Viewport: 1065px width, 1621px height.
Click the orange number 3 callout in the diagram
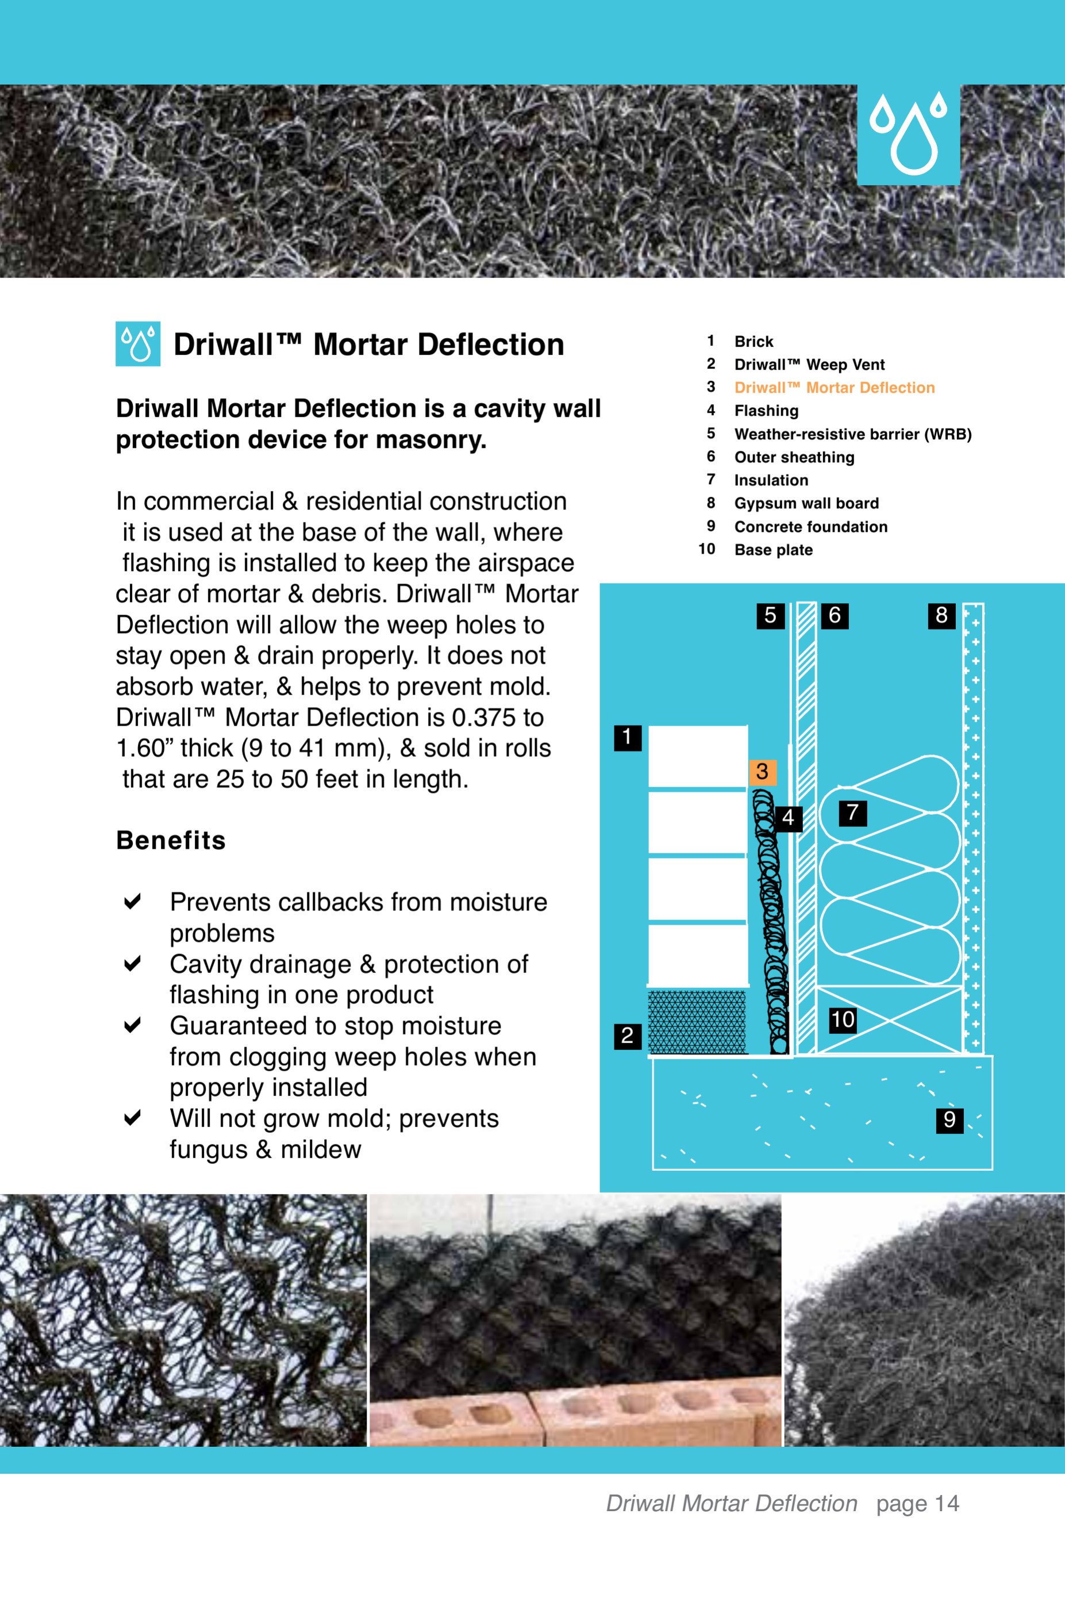coord(762,772)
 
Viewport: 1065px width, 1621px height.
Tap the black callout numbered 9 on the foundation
coord(949,1120)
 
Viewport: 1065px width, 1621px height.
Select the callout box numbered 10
coord(843,1020)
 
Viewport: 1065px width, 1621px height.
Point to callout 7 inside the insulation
coord(852,813)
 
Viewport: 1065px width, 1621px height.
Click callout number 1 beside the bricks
coord(627,738)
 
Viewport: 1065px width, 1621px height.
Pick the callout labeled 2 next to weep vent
coord(627,1036)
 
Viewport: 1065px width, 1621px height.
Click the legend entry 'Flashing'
coord(766,411)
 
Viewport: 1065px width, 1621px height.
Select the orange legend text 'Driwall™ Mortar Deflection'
coord(834,388)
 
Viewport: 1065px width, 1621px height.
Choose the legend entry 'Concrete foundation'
coord(810,527)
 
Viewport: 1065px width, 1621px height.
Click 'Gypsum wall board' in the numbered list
coord(806,503)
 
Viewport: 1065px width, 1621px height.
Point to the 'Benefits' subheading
coord(171,841)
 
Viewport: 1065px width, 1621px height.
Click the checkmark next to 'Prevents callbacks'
coord(132,902)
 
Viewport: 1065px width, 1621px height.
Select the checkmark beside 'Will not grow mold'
coord(132,1118)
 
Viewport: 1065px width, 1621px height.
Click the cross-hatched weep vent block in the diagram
coord(697,1022)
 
